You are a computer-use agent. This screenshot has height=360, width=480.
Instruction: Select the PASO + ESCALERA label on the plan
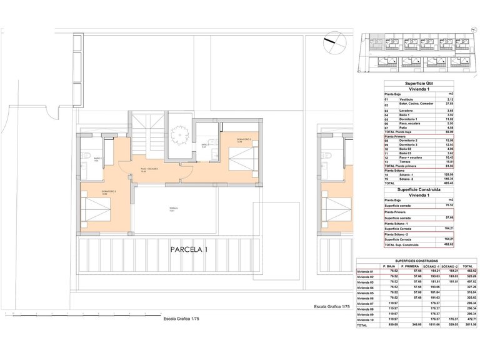pos(149,169)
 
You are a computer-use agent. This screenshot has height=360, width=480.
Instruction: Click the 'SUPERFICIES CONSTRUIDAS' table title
pos(417,261)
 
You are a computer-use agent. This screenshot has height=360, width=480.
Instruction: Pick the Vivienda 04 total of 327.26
pos(470,287)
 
